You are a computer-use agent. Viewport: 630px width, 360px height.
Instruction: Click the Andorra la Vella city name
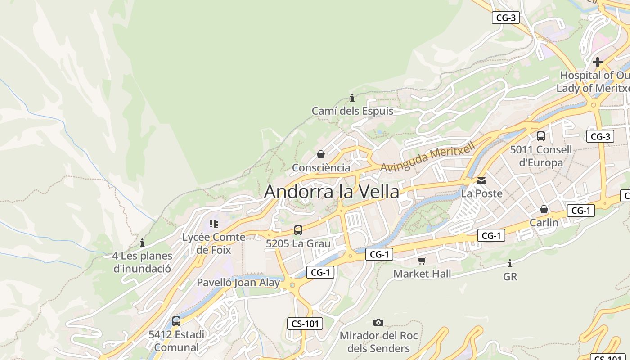331,192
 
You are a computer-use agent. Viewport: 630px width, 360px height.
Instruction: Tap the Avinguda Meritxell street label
427,158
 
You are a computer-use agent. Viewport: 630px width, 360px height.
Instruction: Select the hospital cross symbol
598,62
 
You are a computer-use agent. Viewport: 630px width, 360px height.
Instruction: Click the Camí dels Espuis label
352,111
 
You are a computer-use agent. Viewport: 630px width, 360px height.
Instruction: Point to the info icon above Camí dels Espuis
352,98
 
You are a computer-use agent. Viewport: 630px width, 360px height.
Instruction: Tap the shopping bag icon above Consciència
321,155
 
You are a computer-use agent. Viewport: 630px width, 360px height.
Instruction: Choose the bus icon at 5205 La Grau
298,230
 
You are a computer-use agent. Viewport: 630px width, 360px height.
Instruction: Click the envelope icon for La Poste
481,181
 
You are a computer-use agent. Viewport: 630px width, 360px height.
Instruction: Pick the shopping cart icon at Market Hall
422,261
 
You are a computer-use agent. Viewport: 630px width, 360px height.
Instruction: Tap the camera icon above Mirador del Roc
378,322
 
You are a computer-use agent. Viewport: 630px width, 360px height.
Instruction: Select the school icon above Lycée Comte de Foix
214,224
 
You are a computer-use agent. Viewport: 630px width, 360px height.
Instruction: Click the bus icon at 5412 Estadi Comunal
176,321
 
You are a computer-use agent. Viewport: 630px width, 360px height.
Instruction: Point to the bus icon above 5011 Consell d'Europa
541,136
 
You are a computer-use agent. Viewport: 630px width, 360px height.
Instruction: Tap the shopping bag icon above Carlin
544,209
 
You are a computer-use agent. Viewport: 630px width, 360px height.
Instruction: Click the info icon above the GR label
510,263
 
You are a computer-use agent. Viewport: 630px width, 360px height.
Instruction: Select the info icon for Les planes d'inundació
142,243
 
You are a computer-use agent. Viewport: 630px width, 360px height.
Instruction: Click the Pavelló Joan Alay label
238,283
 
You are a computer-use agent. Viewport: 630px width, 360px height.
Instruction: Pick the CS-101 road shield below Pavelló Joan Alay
305,323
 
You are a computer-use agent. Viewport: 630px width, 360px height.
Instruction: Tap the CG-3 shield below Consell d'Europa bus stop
600,136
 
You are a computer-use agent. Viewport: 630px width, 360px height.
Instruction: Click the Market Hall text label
422,274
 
